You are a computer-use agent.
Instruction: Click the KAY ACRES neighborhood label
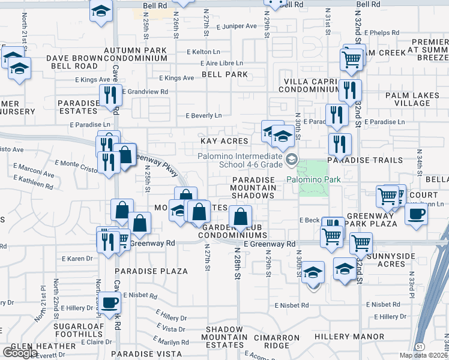point(223,141)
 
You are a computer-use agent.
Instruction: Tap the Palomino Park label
point(313,179)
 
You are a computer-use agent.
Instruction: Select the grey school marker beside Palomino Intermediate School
point(292,159)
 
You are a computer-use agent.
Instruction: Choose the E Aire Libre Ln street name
point(219,63)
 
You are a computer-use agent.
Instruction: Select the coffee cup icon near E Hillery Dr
point(110,302)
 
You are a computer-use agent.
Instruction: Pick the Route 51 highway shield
point(421,347)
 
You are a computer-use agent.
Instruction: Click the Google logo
point(20,353)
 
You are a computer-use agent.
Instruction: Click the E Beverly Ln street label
point(203,115)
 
